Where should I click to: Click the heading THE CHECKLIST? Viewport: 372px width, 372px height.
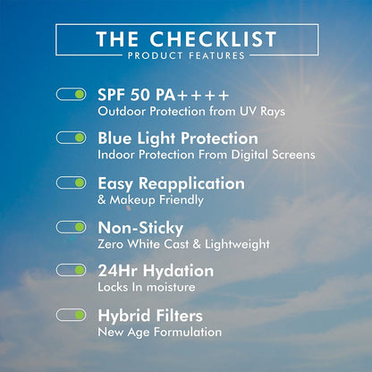click(185, 40)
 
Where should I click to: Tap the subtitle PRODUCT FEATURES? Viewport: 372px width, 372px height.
click(185, 56)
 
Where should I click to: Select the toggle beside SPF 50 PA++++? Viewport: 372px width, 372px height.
click(71, 94)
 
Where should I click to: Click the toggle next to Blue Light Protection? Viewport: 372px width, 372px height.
click(71, 138)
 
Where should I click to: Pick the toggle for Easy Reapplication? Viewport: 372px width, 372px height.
click(71, 182)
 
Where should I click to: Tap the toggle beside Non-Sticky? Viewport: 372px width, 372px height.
click(71, 226)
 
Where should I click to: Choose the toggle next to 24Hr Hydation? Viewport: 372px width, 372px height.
click(71, 270)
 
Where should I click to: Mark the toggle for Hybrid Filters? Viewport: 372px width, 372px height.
click(71, 315)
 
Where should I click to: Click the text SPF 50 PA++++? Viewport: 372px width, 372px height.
click(164, 94)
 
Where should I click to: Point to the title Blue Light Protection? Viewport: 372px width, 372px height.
click(178, 139)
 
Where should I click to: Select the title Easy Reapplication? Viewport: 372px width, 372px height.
click(171, 182)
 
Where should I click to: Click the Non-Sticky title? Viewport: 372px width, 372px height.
click(139, 226)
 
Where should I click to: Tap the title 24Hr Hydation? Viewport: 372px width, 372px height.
click(156, 270)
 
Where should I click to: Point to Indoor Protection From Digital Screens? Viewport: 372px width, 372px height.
click(206, 155)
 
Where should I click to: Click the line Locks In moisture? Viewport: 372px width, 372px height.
click(146, 287)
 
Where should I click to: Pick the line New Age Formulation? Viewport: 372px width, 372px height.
click(159, 332)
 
